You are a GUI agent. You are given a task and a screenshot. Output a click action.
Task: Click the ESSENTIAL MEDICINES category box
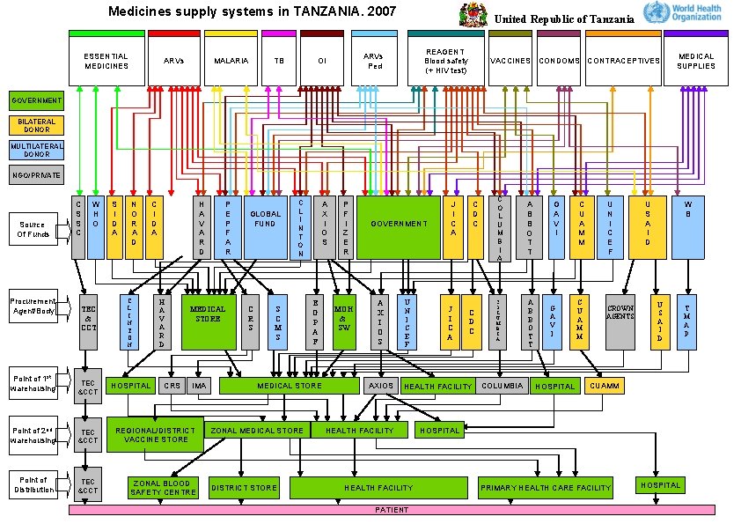[x=106, y=61]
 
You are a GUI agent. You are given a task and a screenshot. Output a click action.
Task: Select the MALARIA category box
[x=231, y=61]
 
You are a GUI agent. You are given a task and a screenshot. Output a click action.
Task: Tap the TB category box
[x=279, y=61]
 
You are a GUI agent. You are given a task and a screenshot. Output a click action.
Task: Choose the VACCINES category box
[x=510, y=61]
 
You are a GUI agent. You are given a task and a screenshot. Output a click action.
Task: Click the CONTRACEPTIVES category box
[x=622, y=61]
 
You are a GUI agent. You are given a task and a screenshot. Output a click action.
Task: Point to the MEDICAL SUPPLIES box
[x=695, y=61]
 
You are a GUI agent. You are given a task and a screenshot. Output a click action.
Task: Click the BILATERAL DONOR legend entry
[x=36, y=126]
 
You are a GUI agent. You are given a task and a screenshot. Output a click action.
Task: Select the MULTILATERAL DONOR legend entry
[x=36, y=150]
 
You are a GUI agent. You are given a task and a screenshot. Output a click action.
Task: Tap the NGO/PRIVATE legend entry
[x=36, y=175]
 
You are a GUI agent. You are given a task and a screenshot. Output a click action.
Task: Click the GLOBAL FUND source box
[x=265, y=227]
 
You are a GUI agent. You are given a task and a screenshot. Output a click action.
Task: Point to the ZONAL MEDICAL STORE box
[x=257, y=431]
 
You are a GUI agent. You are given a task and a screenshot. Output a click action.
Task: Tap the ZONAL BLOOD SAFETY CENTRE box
[x=163, y=487]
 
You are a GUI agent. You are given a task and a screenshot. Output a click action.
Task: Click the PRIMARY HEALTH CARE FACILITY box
[x=546, y=487]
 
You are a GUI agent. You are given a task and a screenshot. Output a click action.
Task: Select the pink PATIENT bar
[x=392, y=510]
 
